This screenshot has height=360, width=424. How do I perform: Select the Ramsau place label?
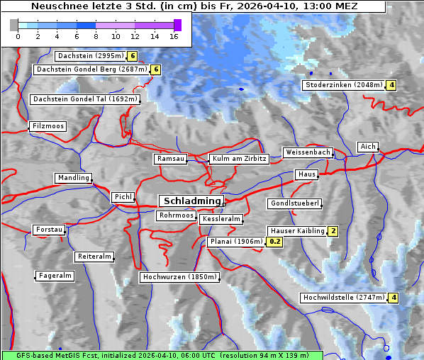pos(171,159)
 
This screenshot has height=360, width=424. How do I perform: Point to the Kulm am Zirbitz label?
pos(239,159)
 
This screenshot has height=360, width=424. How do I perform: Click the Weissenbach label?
pos(308,152)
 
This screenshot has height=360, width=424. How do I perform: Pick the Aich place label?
pos(368,147)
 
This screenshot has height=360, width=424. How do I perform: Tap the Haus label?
pos(306,174)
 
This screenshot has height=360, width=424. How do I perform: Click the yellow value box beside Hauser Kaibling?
pos(333,231)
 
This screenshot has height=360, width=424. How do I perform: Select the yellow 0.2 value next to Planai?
pos(276,242)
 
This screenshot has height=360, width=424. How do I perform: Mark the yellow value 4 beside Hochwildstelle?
pos(394,298)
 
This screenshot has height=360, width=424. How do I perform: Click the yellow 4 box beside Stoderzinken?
pos(391,85)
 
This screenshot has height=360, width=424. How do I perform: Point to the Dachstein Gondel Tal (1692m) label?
pos(84,99)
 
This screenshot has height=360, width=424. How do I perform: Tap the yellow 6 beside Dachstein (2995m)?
pos(132,55)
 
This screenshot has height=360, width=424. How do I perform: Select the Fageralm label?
pos(55,276)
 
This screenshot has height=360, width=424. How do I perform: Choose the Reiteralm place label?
pos(94,257)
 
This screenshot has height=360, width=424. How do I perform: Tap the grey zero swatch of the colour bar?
pos(14,25)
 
